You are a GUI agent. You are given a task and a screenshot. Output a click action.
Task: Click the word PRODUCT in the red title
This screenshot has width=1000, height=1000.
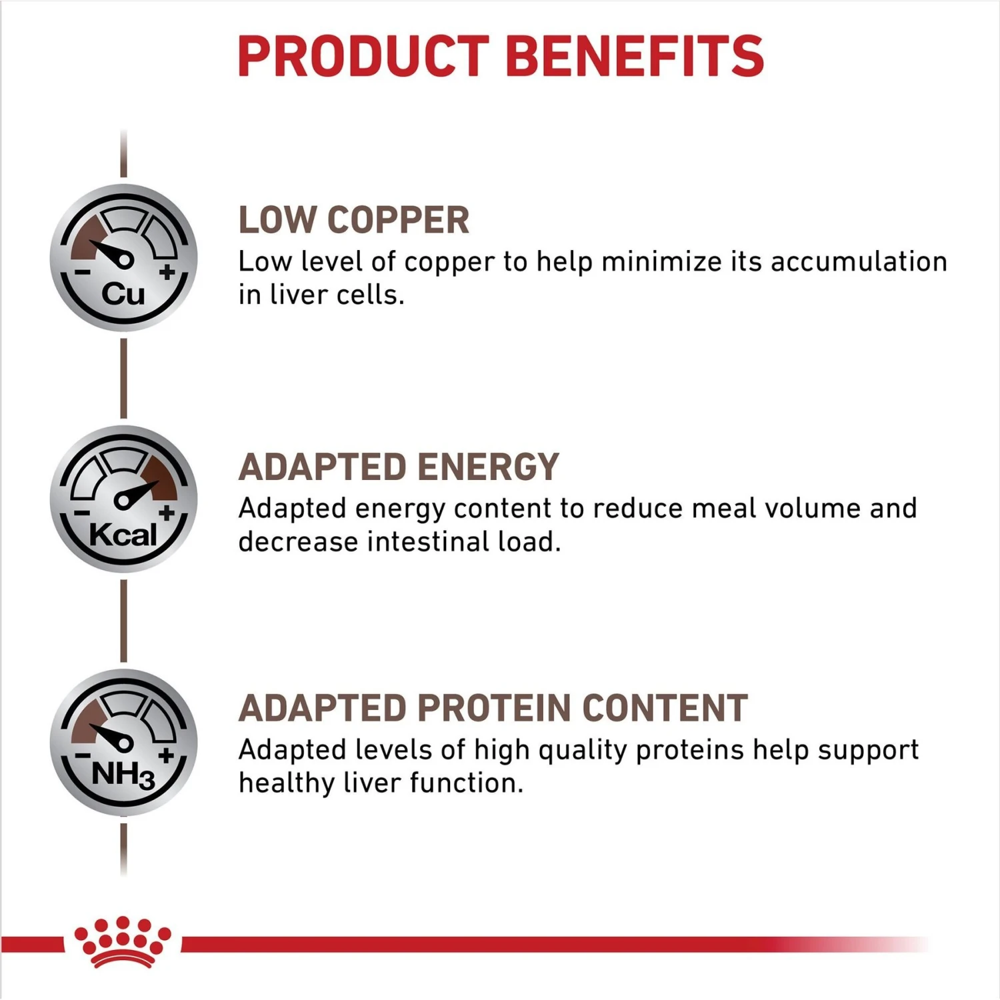363,56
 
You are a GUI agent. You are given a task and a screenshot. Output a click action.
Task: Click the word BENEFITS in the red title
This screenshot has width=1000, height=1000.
635,56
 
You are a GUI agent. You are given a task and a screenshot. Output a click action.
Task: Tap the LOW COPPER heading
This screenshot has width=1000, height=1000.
354,221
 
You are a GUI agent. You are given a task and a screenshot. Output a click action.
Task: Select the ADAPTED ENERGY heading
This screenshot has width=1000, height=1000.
399,467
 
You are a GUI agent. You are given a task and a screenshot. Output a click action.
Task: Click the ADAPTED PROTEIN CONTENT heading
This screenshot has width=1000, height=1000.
493,708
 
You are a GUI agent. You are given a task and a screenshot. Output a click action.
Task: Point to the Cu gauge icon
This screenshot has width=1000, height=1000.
124,258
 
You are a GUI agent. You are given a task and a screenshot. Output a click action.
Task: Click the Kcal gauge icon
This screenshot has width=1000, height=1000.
124,499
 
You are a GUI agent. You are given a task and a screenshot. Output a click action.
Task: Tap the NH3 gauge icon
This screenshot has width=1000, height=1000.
124,742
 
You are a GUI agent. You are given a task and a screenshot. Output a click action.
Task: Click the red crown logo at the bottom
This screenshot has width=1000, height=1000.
123,943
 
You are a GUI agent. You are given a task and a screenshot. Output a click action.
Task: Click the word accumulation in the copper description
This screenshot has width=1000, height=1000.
859,262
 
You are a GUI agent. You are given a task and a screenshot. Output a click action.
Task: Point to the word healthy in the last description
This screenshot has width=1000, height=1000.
287,783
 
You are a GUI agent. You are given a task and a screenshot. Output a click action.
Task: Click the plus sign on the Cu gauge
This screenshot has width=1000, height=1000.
167,271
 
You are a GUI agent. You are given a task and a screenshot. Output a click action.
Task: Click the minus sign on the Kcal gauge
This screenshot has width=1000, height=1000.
81,513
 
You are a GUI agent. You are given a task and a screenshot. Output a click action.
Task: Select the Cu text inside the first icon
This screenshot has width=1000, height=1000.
123,294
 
